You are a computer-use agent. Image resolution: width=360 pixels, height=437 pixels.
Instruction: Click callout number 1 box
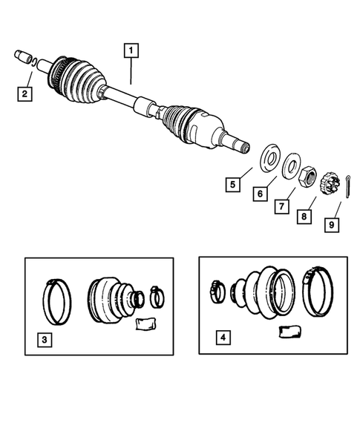point(131,51)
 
